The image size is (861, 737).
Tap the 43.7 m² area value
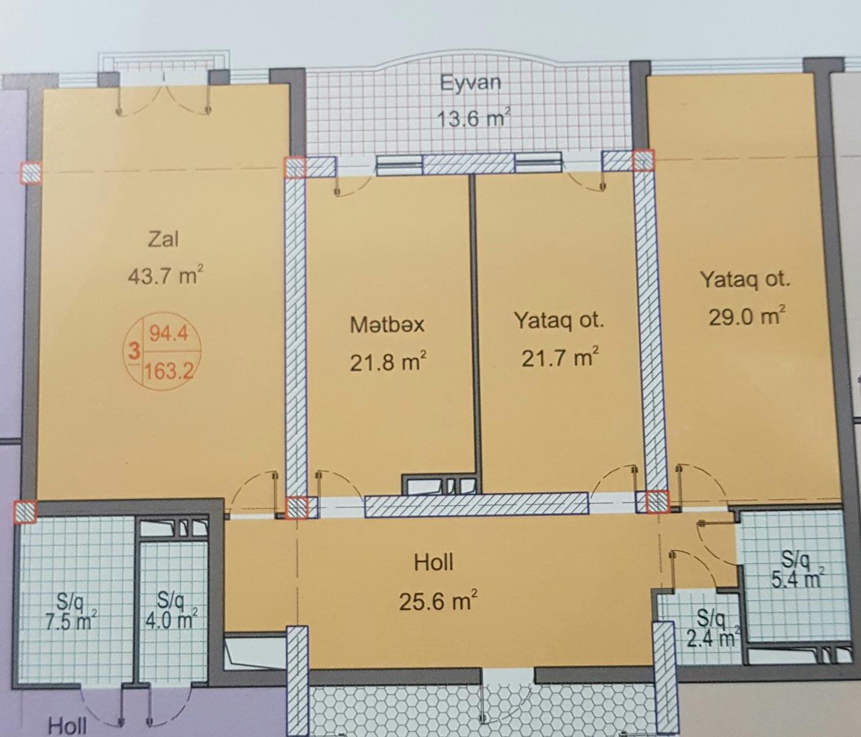click(165, 275)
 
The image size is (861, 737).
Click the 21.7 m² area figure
click(560, 357)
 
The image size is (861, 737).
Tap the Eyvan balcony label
click(471, 83)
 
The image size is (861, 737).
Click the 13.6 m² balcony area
click(473, 119)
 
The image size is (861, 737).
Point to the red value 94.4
click(168, 333)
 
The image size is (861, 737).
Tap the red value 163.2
click(169, 370)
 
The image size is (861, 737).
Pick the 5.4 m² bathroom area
click(795, 578)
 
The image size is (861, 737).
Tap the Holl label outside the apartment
click(67, 726)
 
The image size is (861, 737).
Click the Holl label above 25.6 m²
click(434, 563)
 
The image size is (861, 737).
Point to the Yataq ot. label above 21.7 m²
click(558, 320)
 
